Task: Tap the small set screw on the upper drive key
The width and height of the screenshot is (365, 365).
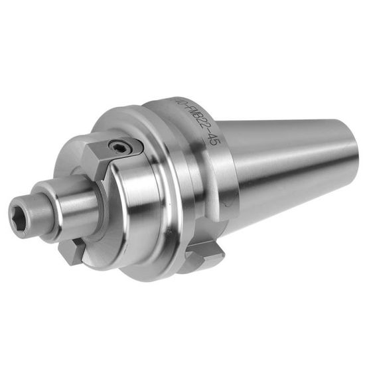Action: (x=120, y=147)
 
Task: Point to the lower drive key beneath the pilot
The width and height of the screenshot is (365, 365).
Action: (x=74, y=250)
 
